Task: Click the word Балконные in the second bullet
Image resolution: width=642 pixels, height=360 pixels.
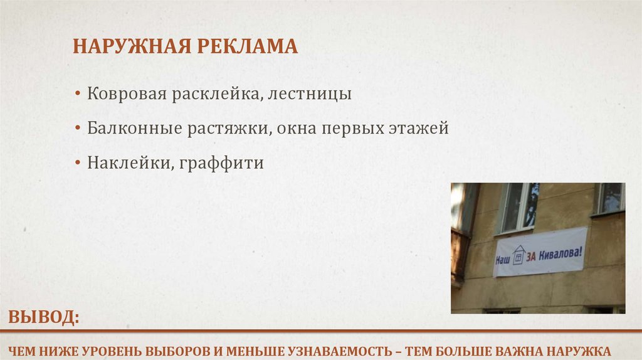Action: click(130, 129)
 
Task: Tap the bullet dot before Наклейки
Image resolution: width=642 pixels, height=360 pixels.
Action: click(77, 164)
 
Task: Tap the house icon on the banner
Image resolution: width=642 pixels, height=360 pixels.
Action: click(518, 256)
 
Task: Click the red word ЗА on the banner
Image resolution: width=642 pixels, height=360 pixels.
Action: click(532, 254)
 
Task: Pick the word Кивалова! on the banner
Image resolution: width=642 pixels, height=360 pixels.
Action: click(561, 252)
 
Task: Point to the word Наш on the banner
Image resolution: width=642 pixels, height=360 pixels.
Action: click(503, 258)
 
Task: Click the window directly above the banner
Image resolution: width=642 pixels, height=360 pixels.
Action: click(520, 207)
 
